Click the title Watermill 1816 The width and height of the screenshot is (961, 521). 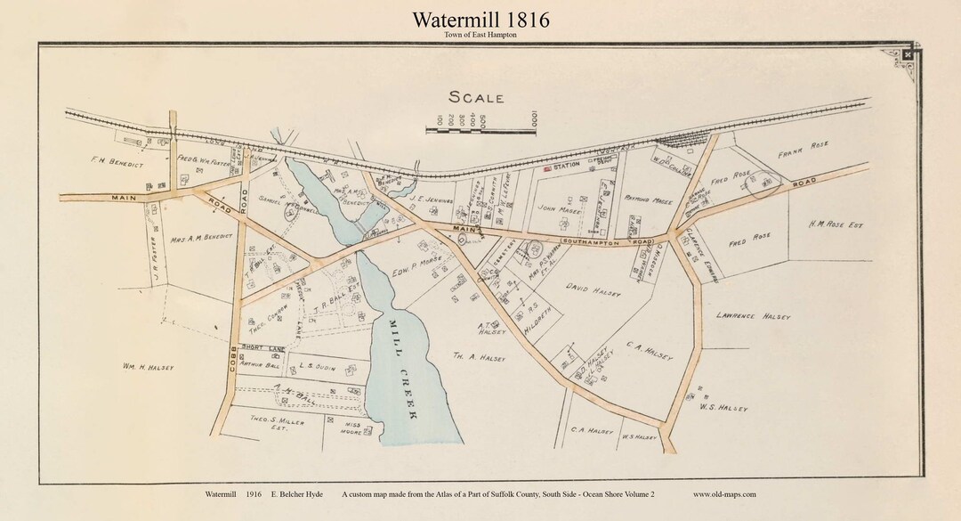pyautogui.click(x=480, y=20)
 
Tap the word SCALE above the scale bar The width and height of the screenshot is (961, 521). pyautogui.click(x=476, y=98)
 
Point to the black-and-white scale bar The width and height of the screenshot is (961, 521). pyautogui.click(x=480, y=131)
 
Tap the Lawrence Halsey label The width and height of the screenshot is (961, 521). pyautogui.click(x=753, y=316)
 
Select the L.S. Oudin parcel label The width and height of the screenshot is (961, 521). pyautogui.click(x=317, y=364)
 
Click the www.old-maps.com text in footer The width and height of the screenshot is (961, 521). pyautogui.click(x=724, y=494)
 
